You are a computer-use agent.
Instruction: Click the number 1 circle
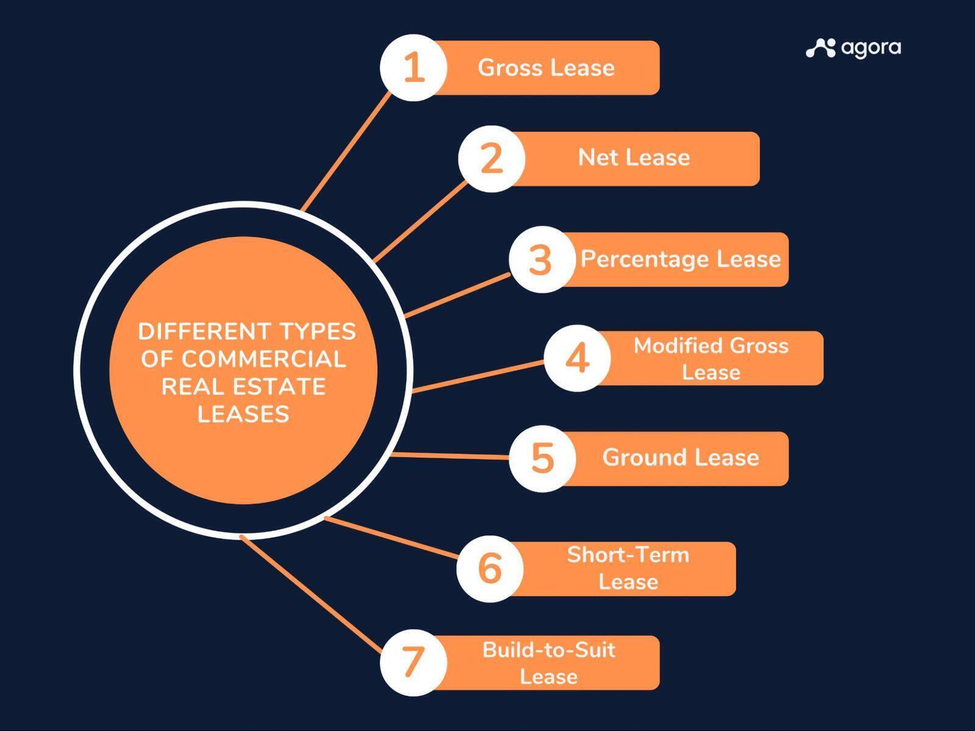pyautogui.click(x=413, y=68)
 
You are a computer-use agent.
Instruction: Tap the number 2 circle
pyautogui.click(x=491, y=159)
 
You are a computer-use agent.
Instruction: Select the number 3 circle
pyautogui.click(x=542, y=260)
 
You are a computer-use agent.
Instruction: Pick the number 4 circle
pyautogui.click(x=577, y=358)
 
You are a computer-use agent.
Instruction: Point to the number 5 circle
pyautogui.click(x=542, y=459)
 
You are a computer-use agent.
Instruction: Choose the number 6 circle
pyautogui.click(x=490, y=568)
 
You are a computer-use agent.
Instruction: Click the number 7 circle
pyautogui.click(x=413, y=663)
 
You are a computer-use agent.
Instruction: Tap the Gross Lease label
pyautogui.click(x=546, y=68)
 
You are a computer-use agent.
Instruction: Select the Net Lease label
pyautogui.click(x=634, y=157)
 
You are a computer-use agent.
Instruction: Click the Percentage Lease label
pyautogui.click(x=680, y=259)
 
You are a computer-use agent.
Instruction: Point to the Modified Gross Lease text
pyautogui.click(x=711, y=358)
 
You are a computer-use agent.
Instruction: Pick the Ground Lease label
pyautogui.click(x=680, y=457)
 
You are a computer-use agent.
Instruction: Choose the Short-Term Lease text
pyautogui.click(x=628, y=568)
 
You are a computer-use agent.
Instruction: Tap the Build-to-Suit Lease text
pyautogui.click(x=549, y=663)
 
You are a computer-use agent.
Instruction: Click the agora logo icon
pyautogui.click(x=821, y=48)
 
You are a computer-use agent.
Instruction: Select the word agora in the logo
pyautogui.click(x=871, y=49)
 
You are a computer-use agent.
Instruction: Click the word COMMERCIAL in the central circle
pyautogui.click(x=243, y=359)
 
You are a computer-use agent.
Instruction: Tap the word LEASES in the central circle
pyautogui.click(x=243, y=414)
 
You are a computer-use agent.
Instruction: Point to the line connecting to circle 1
pyautogui.click(x=346, y=151)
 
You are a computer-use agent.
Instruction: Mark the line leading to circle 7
pyautogui.click(x=311, y=595)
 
